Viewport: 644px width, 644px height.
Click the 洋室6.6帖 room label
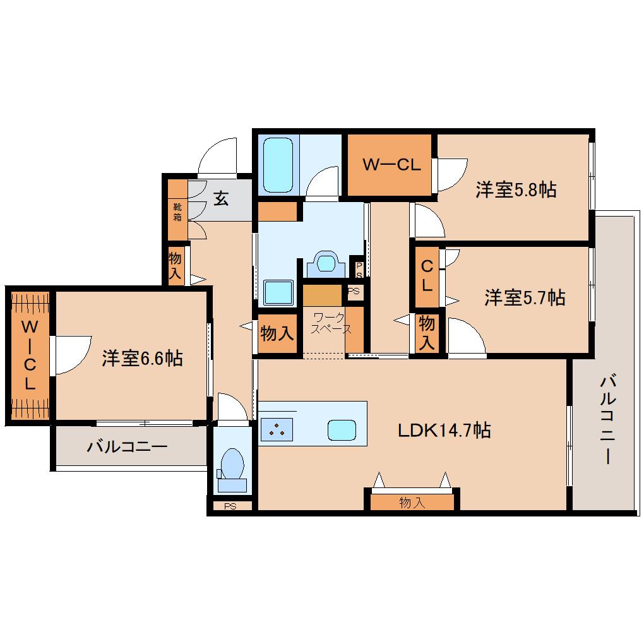(x=142, y=358)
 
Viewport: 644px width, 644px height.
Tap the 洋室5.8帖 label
(x=516, y=190)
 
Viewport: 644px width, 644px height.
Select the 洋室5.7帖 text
(x=525, y=297)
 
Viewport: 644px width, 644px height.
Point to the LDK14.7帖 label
(x=444, y=430)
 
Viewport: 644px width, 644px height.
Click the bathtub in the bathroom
(x=278, y=165)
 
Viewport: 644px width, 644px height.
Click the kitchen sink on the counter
(x=342, y=430)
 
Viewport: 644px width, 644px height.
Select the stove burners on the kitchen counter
(x=277, y=429)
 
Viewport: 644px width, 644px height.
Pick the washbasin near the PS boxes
(x=326, y=263)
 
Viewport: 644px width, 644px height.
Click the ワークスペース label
(x=331, y=323)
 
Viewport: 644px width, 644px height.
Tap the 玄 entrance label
(x=221, y=199)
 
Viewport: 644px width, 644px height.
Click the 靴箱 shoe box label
(x=177, y=212)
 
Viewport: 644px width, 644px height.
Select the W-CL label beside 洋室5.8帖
(x=392, y=165)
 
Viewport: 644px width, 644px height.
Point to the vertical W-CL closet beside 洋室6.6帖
(x=30, y=355)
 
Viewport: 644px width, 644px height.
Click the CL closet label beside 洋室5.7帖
(x=427, y=275)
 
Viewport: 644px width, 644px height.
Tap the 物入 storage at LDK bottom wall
(x=412, y=502)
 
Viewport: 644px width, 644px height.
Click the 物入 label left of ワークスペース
(x=277, y=333)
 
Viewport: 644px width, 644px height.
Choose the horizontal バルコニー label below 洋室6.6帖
(x=127, y=446)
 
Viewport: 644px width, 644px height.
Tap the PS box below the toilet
(x=230, y=506)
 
